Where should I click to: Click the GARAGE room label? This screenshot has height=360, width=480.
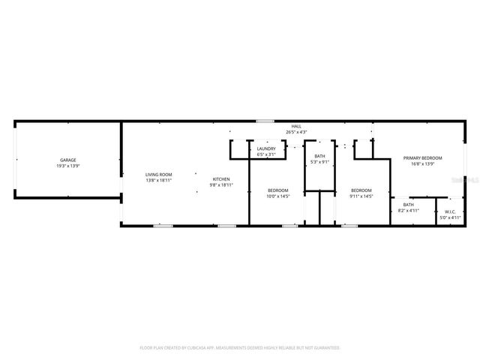coord(67,160)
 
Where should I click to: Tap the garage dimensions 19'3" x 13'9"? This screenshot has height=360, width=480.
coord(67,166)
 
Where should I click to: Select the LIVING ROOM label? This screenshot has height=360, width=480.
coord(158,175)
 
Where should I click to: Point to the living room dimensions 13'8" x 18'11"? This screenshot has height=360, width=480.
coord(158,181)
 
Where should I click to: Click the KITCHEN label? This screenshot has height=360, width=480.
coord(220,179)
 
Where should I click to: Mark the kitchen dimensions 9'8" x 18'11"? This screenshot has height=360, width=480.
coord(220,185)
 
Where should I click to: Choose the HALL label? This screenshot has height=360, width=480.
coord(295,126)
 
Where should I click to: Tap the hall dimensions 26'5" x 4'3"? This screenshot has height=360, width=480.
coord(295,132)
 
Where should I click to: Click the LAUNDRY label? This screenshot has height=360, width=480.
coord(266,148)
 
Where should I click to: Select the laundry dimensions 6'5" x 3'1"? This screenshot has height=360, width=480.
coord(266,154)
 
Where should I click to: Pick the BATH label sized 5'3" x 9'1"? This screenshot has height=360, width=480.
coord(319,156)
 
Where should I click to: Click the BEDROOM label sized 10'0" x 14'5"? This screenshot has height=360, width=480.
coord(278,190)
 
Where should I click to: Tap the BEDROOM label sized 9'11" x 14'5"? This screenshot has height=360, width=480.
coord(361,190)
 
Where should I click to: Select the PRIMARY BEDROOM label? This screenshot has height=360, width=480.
coord(422,157)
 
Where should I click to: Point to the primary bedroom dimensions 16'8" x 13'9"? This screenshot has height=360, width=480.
coord(422,163)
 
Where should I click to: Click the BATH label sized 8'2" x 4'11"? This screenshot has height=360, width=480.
coord(408,205)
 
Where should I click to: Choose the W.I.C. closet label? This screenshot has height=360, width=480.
coord(450,211)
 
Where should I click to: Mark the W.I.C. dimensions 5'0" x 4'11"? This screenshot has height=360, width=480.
coord(450,217)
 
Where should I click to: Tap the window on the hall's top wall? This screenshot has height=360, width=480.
coord(264,121)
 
